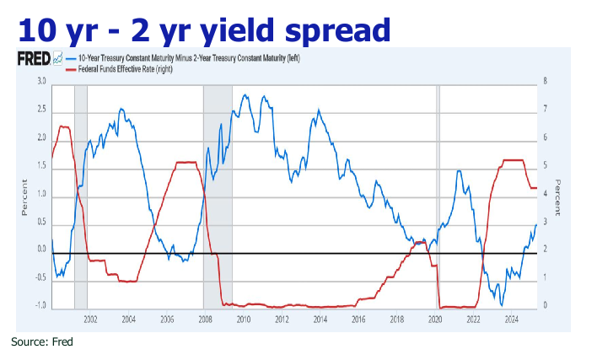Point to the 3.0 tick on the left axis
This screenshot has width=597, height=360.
pyautogui.click(x=40, y=82)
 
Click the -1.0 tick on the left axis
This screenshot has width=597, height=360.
pyautogui.click(x=39, y=306)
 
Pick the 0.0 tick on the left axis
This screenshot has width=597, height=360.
pyautogui.click(x=40, y=250)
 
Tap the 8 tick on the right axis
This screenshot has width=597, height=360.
pyautogui.click(x=546, y=82)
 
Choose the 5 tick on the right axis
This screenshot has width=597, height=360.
pyautogui.click(x=546, y=166)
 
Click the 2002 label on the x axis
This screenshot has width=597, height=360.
pyautogui.click(x=90, y=320)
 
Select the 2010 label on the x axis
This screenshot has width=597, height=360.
pyautogui.click(x=244, y=320)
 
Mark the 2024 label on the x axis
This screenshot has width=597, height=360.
pyautogui.click(x=511, y=320)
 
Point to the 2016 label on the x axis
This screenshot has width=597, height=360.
pyautogui.click(x=358, y=320)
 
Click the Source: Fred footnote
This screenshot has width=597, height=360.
pyautogui.click(x=42, y=342)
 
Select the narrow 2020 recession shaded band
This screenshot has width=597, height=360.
pyautogui.click(x=437, y=194)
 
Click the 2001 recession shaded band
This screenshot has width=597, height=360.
pyautogui.click(x=81, y=194)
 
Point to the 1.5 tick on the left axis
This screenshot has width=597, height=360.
pyautogui.click(x=40, y=166)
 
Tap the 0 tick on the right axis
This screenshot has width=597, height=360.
pyautogui.click(x=546, y=306)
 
